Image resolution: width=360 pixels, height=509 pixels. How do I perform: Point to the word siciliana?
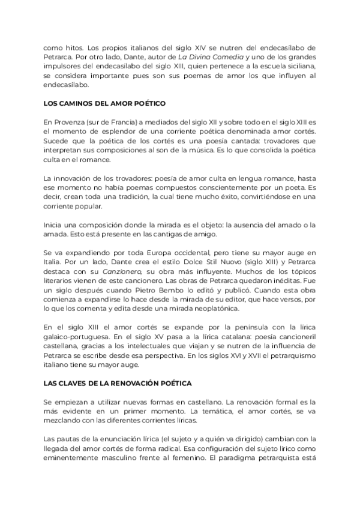tap(298, 65)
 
